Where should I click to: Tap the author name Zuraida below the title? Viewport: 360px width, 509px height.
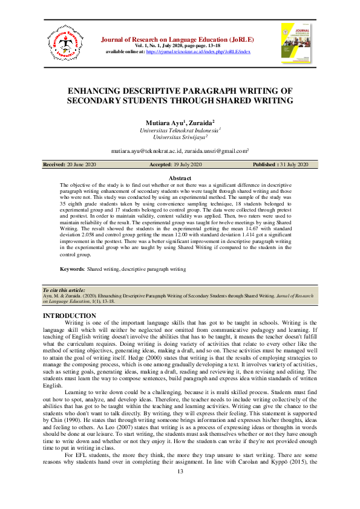point(200,123)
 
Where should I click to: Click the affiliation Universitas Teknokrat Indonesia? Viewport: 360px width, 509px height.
point(178,130)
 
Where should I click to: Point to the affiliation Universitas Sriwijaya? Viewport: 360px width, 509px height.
point(178,137)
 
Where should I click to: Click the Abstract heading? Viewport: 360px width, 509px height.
point(180,178)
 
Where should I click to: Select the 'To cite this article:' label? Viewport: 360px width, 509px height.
point(64,291)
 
